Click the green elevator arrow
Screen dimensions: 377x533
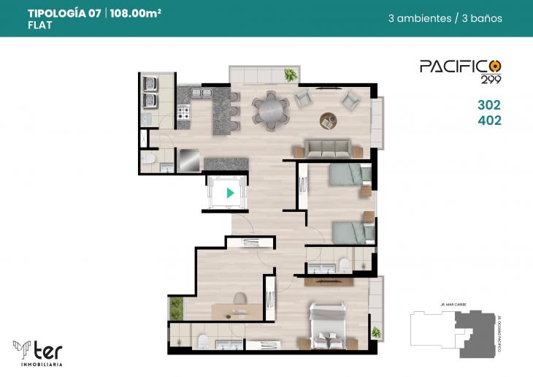pos(231,194)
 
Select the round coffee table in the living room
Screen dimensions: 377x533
pos(328,119)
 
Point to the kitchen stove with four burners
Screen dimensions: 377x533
pos(183,113)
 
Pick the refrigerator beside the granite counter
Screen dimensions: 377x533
pos(189,160)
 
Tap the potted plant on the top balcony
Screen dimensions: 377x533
pos(291,74)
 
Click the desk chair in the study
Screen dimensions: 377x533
pos(239,298)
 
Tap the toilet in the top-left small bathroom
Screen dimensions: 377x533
pos(148,160)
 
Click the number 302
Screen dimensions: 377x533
pos(488,105)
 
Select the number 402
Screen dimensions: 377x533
pos(488,121)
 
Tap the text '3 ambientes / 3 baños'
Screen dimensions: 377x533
pos(445,18)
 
